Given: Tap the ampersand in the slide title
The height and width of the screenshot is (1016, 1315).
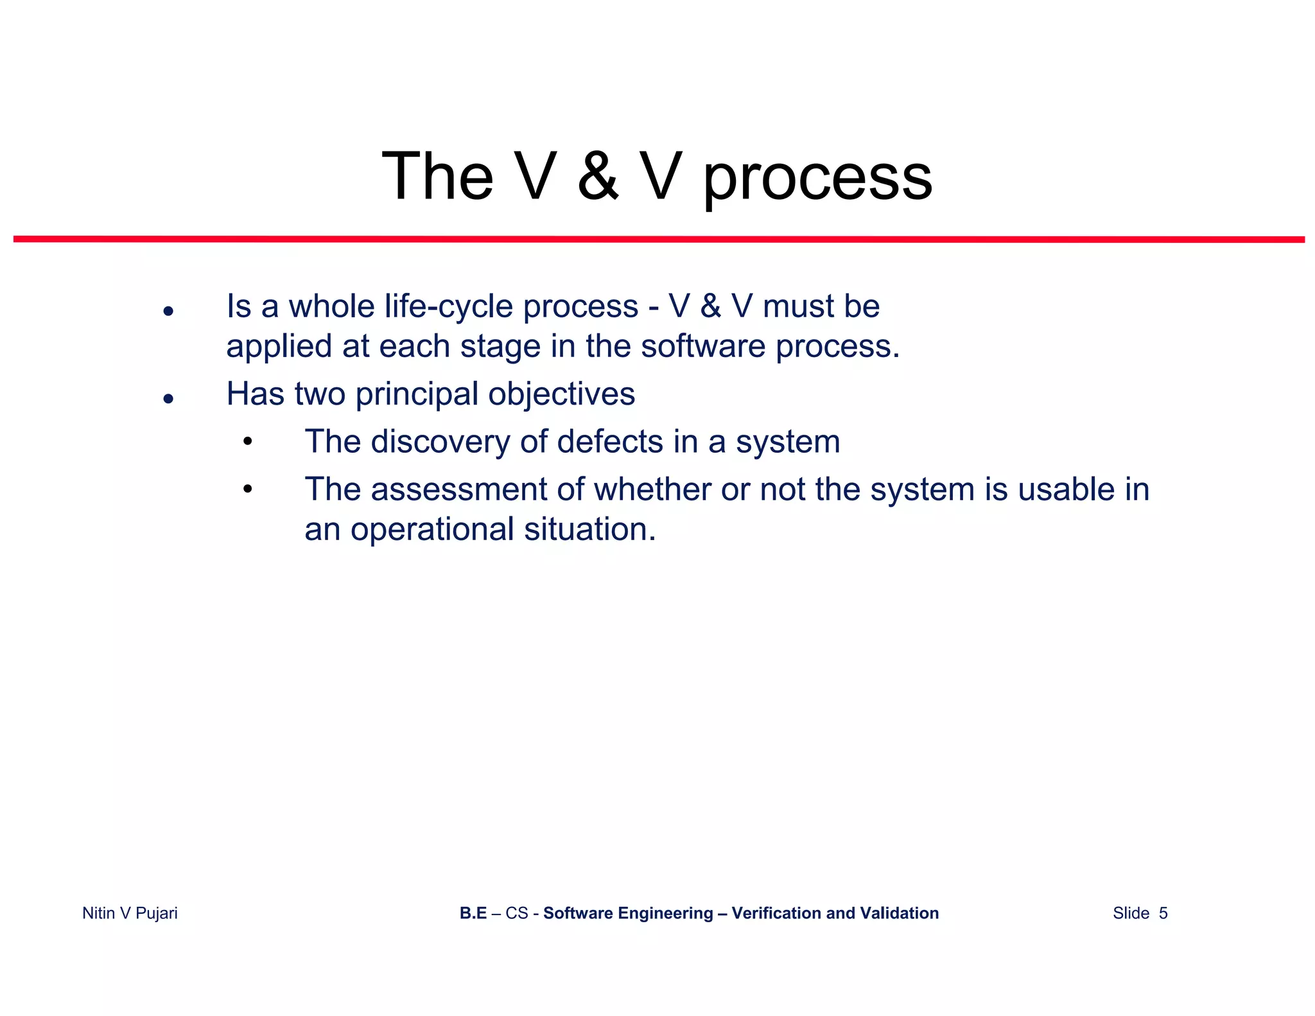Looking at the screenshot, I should coord(598,176).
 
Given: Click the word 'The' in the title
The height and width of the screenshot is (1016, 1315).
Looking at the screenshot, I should coord(437,176).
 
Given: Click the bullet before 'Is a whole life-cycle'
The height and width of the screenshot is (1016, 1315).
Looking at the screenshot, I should coord(168,311).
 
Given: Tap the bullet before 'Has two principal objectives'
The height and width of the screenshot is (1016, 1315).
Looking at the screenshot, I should coord(168,399).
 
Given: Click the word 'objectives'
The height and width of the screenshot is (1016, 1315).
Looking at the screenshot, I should coord(561,395).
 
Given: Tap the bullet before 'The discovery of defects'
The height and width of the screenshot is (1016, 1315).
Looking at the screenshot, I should coord(248,442).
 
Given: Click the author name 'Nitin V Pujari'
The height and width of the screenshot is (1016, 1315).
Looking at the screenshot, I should coord(130,913).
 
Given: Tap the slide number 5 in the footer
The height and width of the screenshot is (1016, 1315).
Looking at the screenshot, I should coord(1163,913).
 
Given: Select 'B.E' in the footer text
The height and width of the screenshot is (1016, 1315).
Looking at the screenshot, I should coord(473,913).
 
